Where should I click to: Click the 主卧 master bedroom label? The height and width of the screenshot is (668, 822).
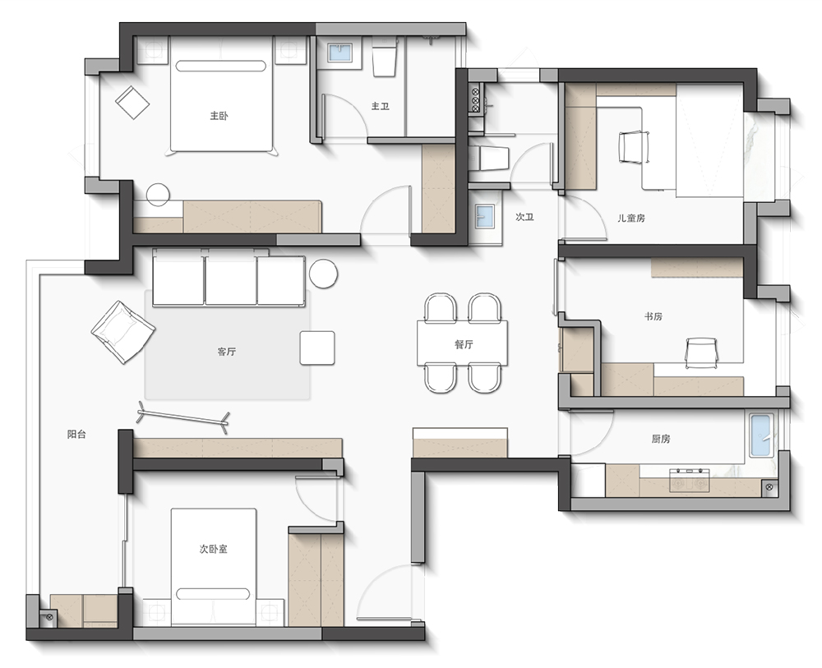click(x=219, y=116)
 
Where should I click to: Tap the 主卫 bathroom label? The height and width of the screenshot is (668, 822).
click(x=380, y=106)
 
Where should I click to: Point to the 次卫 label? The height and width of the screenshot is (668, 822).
click(x=524, y=217)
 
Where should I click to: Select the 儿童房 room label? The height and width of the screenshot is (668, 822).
click(x=630, y=218)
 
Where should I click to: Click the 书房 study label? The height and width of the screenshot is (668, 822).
click(x=653, y=316)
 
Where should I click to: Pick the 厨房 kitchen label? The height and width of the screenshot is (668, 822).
click(x=661, y=439)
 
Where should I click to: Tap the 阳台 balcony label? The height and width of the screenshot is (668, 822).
click(x=76, y=435)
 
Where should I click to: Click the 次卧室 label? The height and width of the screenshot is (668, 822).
click(x=214, y=549)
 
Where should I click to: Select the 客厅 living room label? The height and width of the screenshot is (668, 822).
click(x=227, y=352)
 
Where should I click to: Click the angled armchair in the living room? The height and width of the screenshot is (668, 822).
click(x=123, y=332)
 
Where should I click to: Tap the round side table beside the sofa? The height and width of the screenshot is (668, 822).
click(x=323, y=274)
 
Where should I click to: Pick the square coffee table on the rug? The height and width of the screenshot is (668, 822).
click(x=317, y=348)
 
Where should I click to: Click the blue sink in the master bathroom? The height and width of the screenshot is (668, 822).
click(x=340, y=53)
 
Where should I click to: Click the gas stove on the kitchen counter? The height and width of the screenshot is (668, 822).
click(x=689, y=481)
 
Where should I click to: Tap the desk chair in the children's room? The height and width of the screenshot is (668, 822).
click(x=635, y=147)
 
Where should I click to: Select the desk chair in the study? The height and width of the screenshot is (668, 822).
click(x=701, y=352)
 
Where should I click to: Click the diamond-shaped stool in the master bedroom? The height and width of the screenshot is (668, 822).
click(x=132, y=103)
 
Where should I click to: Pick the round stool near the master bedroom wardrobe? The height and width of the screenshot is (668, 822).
click(x=158, y=195)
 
